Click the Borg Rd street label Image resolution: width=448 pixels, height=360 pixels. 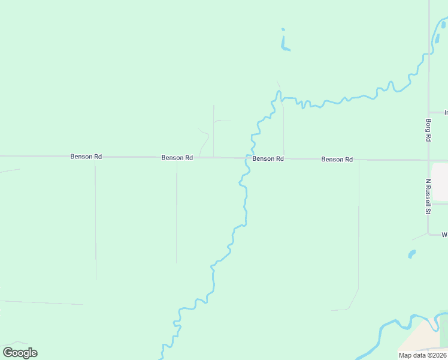[428, 130]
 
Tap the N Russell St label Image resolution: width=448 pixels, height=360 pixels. [428, 196]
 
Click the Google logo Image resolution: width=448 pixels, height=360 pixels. [20, 353]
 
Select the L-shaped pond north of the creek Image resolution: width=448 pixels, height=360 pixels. [284, 46]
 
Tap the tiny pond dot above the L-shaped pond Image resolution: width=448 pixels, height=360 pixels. [283, 29]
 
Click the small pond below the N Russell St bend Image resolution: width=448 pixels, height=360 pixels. [411, 254]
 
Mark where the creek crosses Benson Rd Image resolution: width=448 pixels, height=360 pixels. [246, 158]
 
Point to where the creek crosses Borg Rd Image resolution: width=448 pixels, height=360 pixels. [429, 55]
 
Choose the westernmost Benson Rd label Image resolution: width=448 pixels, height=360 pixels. [86, 157]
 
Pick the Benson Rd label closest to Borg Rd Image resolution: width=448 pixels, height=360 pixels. [337, 159]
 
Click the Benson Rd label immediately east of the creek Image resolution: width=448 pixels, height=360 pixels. [268, 158]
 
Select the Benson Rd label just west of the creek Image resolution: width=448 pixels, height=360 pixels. [177, 157]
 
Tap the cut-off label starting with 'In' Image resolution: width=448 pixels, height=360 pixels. [446, 112]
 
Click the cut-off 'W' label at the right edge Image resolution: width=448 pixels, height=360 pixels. [444, 235]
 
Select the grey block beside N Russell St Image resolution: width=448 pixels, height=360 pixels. [440, 182]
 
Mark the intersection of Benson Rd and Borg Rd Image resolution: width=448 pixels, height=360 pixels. [429, 160]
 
